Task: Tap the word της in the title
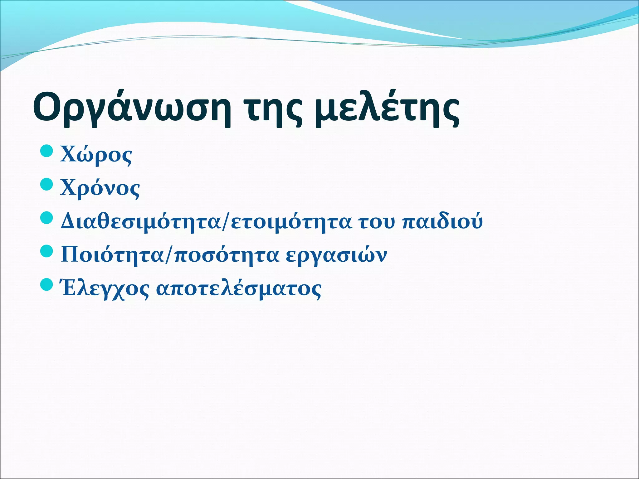point(274,108)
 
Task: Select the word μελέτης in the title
point(387,108)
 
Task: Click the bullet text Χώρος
point(96,155)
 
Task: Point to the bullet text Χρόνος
point(100,188)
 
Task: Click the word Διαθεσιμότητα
point(141,222)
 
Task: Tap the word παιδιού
point(442,222)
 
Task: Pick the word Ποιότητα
point(112,255)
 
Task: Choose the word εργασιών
point(336,255)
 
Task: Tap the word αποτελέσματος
point(239,289)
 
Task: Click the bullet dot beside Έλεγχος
point(47,285)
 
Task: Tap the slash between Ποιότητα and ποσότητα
point(169,255)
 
